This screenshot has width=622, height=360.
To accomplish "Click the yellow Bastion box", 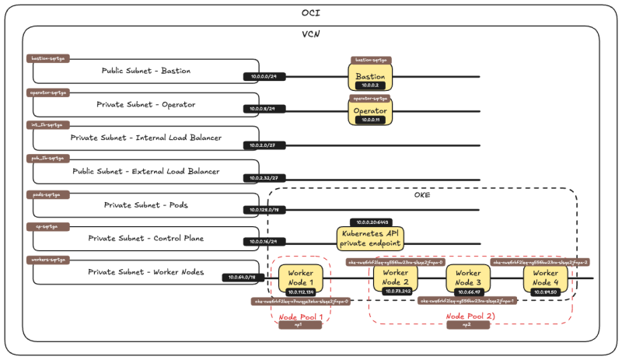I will coord(370,77).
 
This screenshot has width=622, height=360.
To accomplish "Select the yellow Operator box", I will coord(370,111).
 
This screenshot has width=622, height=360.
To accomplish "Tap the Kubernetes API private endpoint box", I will coord(371,238).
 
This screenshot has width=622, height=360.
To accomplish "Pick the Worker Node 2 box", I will coord(395,278).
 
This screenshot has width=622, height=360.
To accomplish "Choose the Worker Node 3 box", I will coord(467,278).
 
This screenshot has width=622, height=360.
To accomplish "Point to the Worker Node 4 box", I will coord(545,278).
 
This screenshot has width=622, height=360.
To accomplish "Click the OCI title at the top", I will coord(310,13).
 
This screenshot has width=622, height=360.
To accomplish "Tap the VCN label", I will coord(311,35).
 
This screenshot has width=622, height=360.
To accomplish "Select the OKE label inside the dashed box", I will coord(422,194).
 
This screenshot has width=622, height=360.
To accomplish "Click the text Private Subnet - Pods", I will coord(146,205).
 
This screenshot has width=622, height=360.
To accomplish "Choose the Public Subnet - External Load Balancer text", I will coord(145,171).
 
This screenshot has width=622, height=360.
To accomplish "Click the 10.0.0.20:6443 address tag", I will coord(370,222).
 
